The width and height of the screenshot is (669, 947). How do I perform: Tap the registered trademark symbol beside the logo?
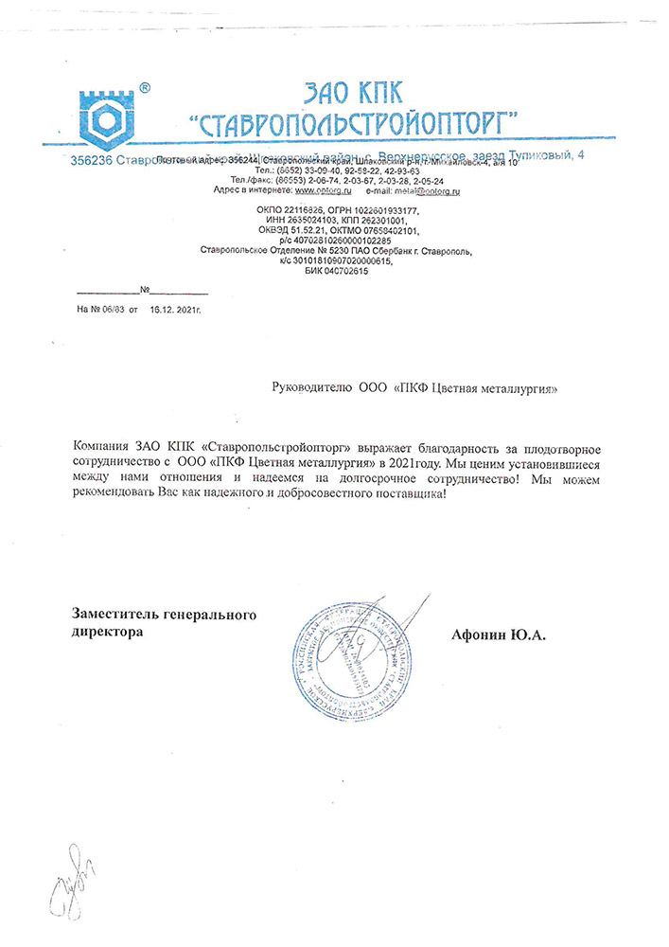click(144, 87)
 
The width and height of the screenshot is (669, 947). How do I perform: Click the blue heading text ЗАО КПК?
click(353, 92)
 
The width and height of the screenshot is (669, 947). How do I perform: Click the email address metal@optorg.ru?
click(427, 192)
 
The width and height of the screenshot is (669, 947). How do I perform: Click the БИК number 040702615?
click(355, 272)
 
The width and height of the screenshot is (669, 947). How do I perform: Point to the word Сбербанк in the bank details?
click(402, 251)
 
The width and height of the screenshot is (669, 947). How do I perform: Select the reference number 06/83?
click(112, 310)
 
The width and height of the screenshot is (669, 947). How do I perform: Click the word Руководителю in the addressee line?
click(310, 388)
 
